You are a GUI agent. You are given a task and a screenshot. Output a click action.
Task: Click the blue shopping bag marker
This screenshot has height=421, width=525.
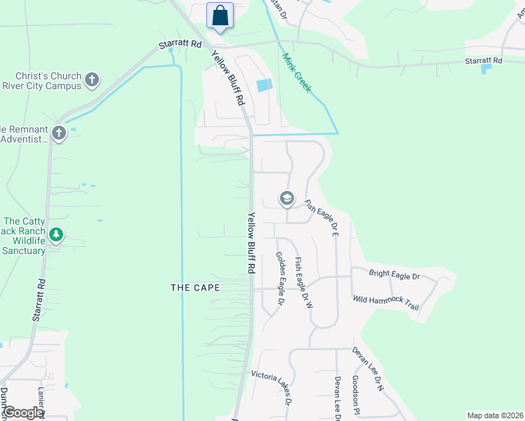[x=220, y=16]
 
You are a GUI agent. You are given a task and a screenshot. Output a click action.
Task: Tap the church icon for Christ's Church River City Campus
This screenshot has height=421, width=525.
[x=91, y=80]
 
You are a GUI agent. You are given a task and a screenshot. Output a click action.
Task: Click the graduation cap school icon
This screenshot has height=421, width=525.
[x=286, y=199]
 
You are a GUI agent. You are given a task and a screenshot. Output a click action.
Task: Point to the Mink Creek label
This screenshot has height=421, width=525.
[x=297, y=73]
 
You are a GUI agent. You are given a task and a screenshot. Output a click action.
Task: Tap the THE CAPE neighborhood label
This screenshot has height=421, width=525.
[x=196, y=288]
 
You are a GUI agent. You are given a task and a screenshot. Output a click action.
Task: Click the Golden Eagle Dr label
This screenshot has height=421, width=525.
[x=279, y=279]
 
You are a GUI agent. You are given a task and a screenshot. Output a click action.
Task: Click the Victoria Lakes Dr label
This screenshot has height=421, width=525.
[x=270, y=388]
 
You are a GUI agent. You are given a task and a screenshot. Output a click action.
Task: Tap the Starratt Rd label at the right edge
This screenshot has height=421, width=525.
[x=483, y=61]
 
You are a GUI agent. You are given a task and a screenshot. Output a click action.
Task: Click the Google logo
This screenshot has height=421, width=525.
[x=23, y=413]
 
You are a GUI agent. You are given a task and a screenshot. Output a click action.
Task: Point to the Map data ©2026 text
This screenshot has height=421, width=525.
[x=495, y=415]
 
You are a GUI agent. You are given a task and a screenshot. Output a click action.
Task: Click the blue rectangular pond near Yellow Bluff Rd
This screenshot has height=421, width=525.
[x=264, y=86]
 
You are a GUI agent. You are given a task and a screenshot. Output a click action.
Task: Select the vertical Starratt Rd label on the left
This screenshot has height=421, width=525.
[x=39, y=300]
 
